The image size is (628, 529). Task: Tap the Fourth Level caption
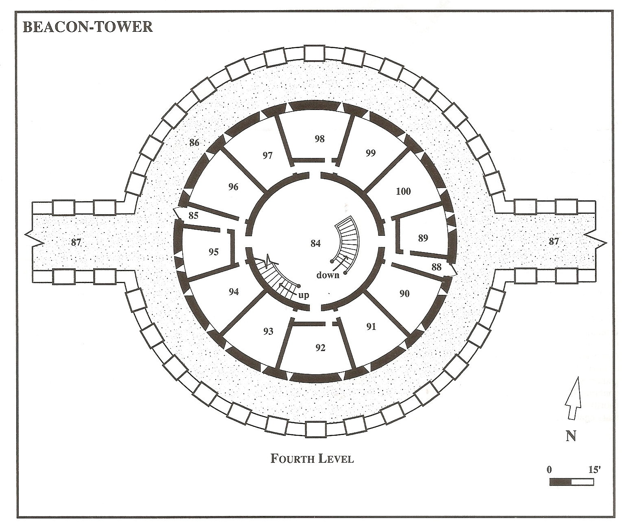(x=312, y=459)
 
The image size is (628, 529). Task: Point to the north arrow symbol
(x=572, y=398)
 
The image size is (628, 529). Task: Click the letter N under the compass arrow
(x=571, y=436)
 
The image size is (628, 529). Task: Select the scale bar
(x=571, y=482)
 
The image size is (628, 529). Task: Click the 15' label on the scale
(x=594, y=469)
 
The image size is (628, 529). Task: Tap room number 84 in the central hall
(x=315, y=244)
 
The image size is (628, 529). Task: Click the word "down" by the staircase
(x=328, y=275)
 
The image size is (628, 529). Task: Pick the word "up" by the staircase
(x=304, y=295)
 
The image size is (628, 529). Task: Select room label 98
(x=319, y=139)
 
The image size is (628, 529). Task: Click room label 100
(x=403, y=191)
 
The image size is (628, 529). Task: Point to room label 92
(x=320, y=348)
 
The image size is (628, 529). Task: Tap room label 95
(x=213, y=252)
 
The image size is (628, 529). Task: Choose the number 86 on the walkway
(x=194, y=143)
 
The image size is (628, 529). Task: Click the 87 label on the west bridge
(x=76, y=242)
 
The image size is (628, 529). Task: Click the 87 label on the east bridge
(x=554, y=241)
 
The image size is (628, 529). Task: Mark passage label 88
(x=436, y=267)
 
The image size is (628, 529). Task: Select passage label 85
(x=193, y=215)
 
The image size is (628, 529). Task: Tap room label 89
(x=423, y=238)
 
